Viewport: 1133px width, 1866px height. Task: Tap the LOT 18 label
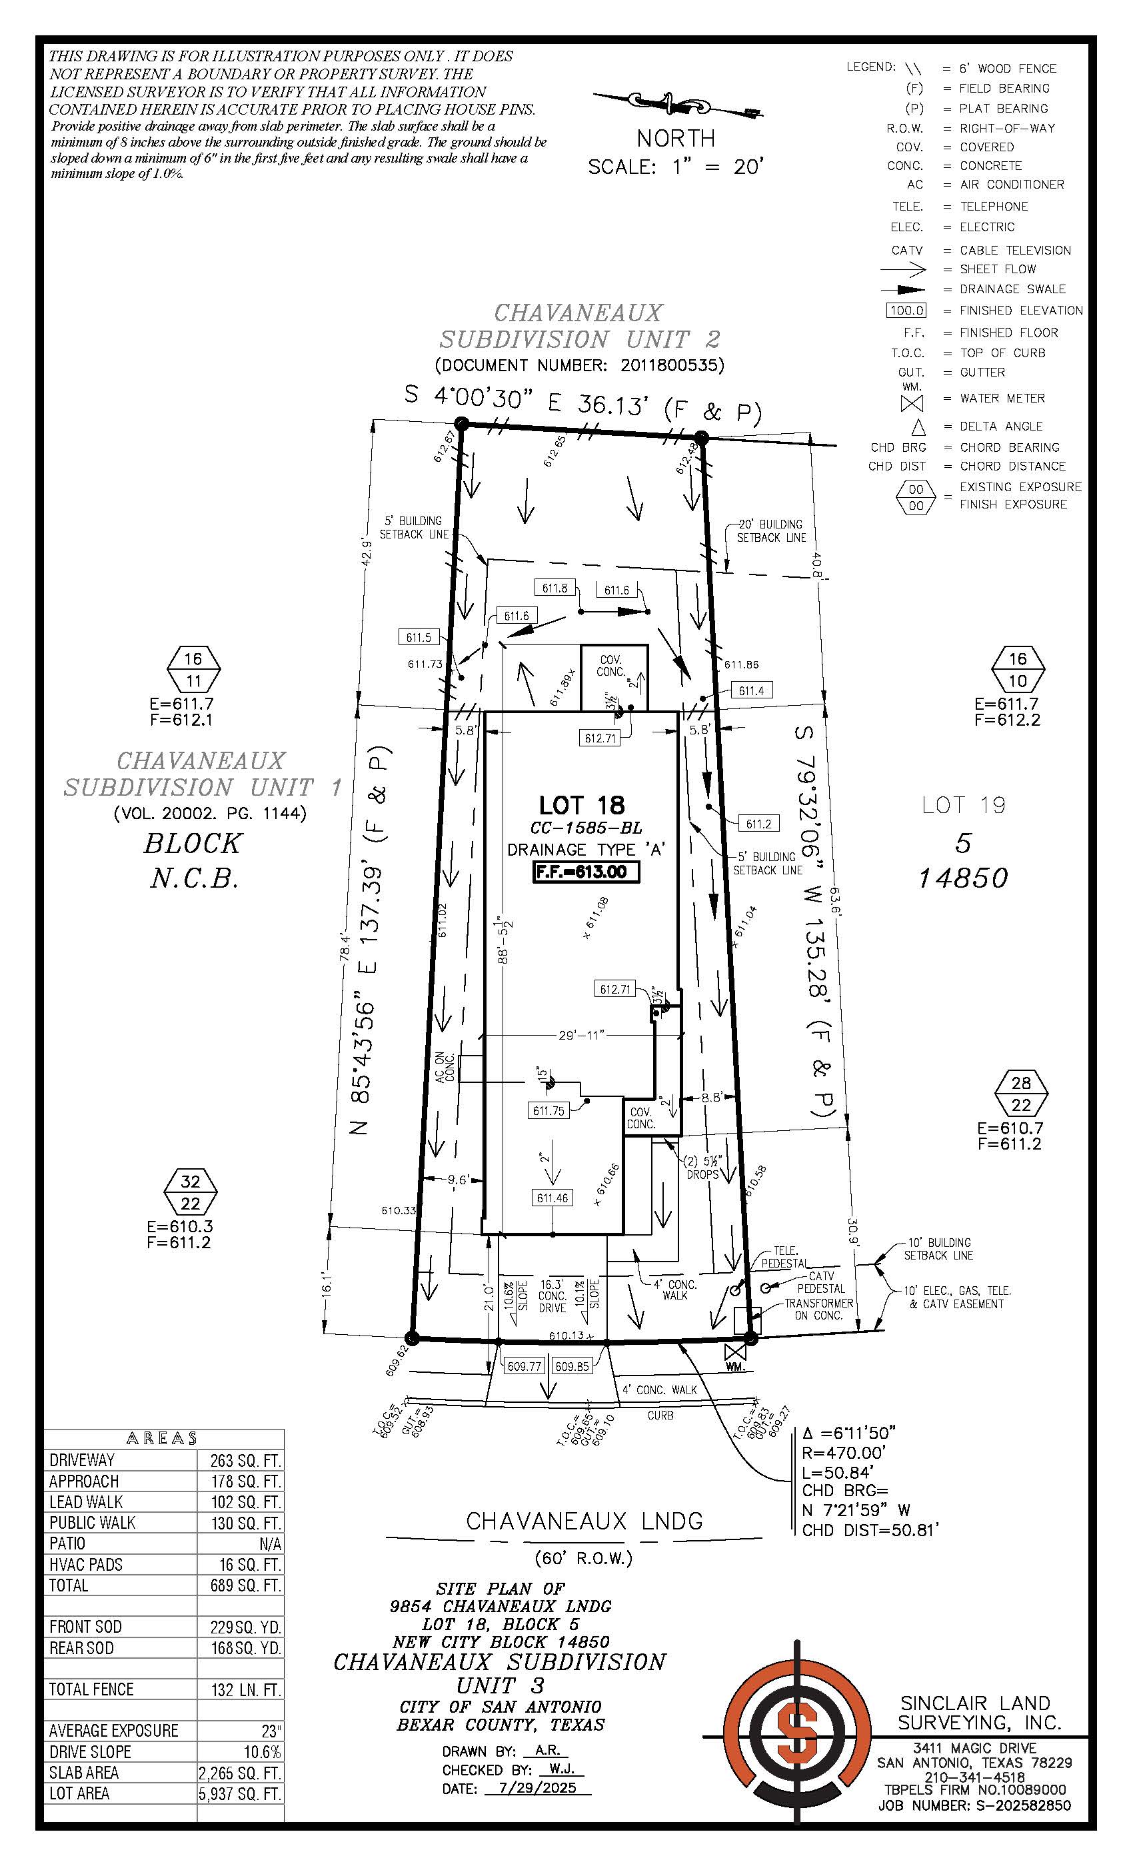(582, 805)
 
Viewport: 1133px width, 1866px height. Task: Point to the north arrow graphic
(676, 104)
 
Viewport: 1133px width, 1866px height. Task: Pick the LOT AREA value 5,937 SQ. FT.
(239, 1793)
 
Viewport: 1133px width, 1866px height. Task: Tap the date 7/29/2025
(538, 1788)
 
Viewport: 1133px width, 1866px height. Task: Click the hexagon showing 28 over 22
(1021, 1094)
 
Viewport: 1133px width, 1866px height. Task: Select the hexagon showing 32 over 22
(190, 1192)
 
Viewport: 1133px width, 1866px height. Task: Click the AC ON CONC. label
(445, 1068)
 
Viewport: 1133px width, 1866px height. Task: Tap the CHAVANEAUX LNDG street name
(584, 1521)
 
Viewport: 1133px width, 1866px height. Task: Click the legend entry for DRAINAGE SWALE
(1012, 289)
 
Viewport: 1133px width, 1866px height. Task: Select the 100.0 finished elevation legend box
(906, 311)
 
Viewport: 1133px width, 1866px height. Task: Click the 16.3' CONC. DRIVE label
(552, 1296)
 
